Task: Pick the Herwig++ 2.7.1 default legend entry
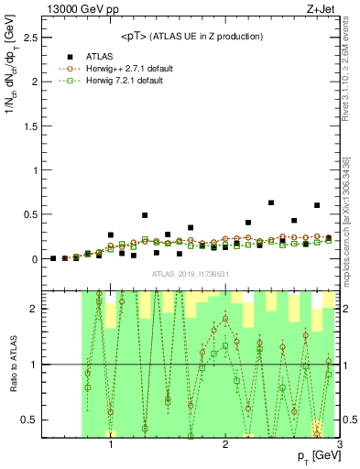(116, 69)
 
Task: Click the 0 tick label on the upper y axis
(33, 259)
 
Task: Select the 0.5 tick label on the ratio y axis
(27, 420)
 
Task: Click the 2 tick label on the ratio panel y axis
(33, 309)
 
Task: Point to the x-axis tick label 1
(111, 445)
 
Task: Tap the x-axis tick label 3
(339, 445)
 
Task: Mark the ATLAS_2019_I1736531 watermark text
(191, 274)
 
